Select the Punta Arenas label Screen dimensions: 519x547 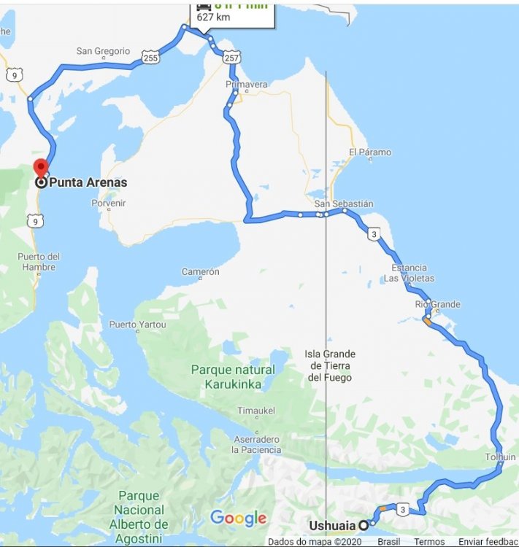[88, 182]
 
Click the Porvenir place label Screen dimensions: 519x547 [109, 203]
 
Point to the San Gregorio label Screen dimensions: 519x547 [103, 51]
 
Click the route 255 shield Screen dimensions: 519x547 [151, 57]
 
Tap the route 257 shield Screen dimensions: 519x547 [231, 56]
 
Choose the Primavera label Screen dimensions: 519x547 [247, 85]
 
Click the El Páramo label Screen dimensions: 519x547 [369, 152]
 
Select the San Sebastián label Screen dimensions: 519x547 [344, 203]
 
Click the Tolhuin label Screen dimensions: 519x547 [500, 457]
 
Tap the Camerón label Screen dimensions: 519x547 [200, 272]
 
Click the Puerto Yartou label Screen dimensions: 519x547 [137, 325]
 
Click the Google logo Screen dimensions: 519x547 [238, 519]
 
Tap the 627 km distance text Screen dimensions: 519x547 [212, 18]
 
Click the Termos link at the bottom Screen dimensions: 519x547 [429, 542]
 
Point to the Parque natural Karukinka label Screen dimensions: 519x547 [233, 376]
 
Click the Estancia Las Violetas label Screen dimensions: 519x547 [409, 273]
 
